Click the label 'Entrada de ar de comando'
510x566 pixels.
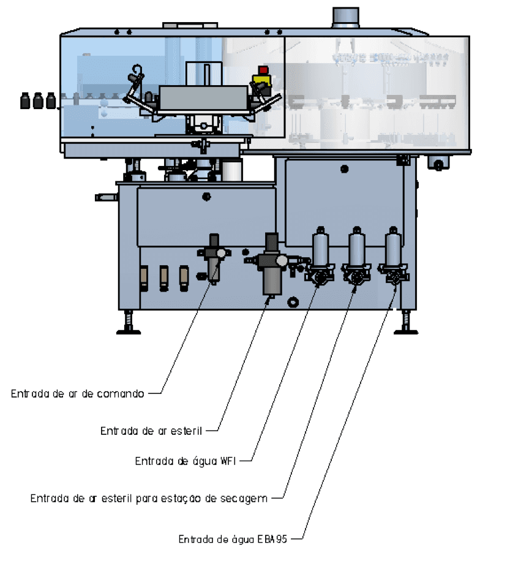click(78, 393)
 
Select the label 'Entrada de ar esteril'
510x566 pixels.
click(151, 431)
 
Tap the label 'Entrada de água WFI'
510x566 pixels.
click(186, 461)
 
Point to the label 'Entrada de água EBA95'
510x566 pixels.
click(233, 539)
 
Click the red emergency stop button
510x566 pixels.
click(263, 70)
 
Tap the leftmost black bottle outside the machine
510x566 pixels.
click(24, 100)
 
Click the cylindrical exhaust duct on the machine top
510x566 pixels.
click(345, 17)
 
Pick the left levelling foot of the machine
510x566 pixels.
click(129, 322)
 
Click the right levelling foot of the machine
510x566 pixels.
click(406, 322)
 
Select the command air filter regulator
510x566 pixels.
click(214, 259)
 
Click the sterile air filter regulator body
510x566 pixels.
click(272, 265)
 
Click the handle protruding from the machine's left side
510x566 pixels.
click(107, 197)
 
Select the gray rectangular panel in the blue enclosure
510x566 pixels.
click(203, 98)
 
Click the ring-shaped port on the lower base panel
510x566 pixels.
click(293, 302)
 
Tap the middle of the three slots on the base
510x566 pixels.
click(163, 278)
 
